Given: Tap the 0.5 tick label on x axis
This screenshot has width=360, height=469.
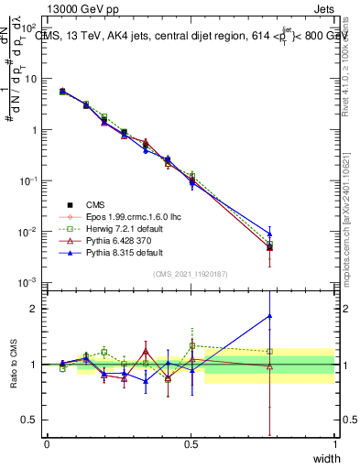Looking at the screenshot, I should click(191, 444).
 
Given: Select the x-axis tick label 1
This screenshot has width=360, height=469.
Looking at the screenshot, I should click(334, 444).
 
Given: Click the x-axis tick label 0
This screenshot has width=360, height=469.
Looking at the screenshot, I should click(48, 444).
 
